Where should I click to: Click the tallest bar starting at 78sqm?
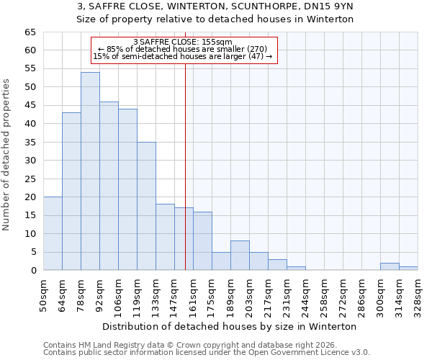(x=90, y=171)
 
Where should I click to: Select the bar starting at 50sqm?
(x=53, y=233)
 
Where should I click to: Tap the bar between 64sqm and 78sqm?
(x=71, y=192)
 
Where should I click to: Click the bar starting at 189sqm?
(x=240, y=256)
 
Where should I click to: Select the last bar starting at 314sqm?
(x=408, y=269)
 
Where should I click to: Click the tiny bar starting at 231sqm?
(x=296, y=269)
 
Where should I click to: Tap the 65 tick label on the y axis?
(x=30, y=32)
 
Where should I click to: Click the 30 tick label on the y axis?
(x=30, y=161)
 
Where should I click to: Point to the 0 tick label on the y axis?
(x=32, y=271)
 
